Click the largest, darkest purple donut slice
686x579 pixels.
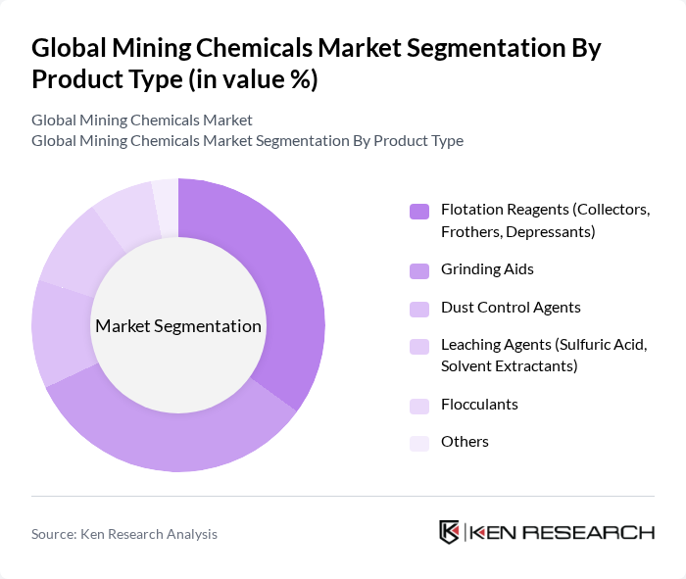tap(284, 294)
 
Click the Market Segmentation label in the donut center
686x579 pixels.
tap(177, 326)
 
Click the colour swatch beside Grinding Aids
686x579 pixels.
tap(419, 269)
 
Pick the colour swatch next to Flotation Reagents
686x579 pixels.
tap(419, 211)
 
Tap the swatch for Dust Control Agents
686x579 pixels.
tap(419, 308)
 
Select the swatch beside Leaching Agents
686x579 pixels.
tap(419, 346)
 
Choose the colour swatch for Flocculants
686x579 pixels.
tap(419, 405)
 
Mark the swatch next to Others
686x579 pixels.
tap(419, 443)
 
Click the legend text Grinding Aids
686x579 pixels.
tap(487, 268)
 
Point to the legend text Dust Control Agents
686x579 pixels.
tap(511, 307)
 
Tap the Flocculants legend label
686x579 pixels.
tap(479, 404)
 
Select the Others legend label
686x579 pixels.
tap(465, 442)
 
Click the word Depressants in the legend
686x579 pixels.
tap(547, 231)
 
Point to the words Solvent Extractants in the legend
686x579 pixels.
tap(509, 366)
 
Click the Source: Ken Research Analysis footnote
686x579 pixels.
tap(124, 534)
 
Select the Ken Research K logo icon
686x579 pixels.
tap(450, 532)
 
